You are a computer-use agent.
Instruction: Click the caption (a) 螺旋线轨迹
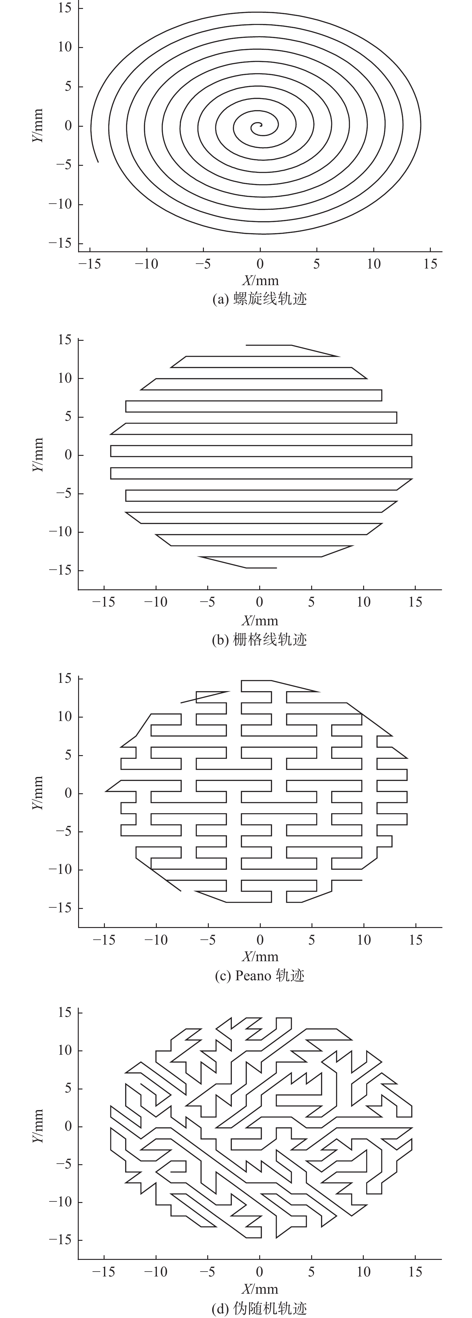click(x=260, y=299)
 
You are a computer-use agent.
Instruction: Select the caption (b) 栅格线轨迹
click(x=260, y=639)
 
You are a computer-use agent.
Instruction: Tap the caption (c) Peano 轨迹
click(x=260, y=976)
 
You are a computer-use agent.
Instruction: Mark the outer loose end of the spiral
click(x=98, y=162)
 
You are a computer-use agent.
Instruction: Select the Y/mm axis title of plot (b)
click(x=37, y=455)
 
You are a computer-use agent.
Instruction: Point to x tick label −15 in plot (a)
click(x=90, y=264)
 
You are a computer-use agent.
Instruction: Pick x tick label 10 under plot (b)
click(x=363, y=602)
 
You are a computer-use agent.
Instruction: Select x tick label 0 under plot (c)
click(x=260, y=940)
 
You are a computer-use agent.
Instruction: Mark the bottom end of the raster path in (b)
click(x=277, y=568)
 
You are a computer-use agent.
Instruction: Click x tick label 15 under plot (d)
click(x=415, y=1272)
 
